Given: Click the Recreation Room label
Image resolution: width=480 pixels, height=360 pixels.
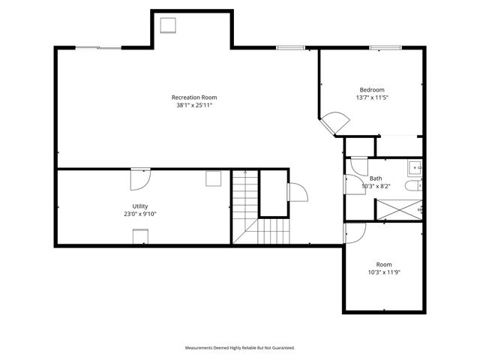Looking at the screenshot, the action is [194, 97].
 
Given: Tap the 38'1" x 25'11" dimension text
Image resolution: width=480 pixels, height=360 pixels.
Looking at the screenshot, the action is [194, 105].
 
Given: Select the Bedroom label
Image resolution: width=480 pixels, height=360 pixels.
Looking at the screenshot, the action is [372, 90].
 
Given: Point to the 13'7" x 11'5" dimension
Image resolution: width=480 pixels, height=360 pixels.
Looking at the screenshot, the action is [372, 97].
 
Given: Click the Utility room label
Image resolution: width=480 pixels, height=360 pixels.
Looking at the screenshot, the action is [140, 206].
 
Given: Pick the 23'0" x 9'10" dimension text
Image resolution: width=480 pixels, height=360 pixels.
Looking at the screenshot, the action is [140, 214].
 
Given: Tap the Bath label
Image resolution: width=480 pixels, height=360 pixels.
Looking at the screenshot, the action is [376, 178].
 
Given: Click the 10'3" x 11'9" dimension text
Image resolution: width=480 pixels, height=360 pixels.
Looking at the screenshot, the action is [384, 272].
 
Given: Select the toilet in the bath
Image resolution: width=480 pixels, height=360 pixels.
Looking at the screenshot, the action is [413, 186].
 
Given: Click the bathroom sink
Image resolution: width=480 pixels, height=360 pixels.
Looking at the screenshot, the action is [415, 168].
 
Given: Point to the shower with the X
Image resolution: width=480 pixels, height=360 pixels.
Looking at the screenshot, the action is [399, 210].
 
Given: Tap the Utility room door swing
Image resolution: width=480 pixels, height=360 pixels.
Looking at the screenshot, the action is [140, 179].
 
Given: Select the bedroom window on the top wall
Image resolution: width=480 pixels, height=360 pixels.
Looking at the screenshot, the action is [385, 48].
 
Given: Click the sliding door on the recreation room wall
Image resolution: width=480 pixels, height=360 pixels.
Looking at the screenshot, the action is [98, 48].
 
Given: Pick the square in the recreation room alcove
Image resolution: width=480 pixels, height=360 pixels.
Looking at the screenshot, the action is [168, 25].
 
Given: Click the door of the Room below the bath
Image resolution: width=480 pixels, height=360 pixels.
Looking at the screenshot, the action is [355, 233].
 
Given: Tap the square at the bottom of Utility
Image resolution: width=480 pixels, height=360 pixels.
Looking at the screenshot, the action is [140, 236].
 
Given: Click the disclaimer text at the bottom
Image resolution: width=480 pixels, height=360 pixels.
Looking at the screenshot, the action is [240, 348].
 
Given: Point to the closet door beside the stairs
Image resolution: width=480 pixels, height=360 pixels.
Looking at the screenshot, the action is [298, 192].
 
